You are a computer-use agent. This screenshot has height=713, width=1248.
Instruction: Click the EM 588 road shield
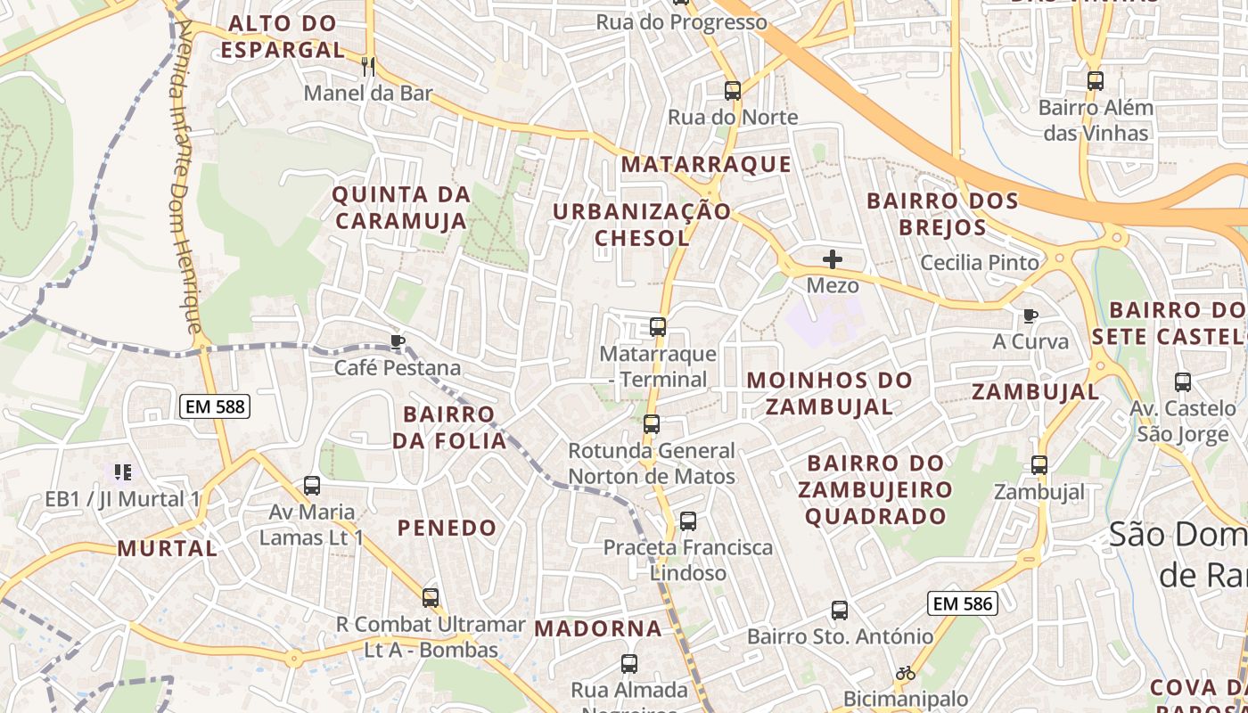click(x=215, y=407)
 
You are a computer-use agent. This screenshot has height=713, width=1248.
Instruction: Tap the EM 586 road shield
click(x=962, y=603)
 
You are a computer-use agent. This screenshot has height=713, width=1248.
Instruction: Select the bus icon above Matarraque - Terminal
click(x=658, y=327)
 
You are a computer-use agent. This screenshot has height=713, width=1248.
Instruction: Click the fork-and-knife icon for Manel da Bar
click(x=367, y=66)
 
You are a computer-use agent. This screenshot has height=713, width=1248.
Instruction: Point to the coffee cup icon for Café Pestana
click(x=398, y=341)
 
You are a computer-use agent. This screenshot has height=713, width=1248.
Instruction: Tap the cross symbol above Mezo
click(x=833, y=259)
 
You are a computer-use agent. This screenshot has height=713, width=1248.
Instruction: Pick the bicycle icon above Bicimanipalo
click(x=906, y=673)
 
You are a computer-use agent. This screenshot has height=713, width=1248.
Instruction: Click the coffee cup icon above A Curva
click(x=1030, y=316)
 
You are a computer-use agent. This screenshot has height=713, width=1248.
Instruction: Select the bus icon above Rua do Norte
click(x=733, y=90)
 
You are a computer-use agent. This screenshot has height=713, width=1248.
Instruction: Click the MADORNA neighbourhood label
click(x=598, y=628)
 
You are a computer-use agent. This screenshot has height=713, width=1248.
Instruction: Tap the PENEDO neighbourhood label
click(x=447, y=528)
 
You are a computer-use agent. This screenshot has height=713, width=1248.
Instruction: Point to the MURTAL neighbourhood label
click(x=167, y=548)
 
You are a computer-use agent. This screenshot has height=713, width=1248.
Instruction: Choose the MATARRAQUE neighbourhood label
click(x=706, y=165)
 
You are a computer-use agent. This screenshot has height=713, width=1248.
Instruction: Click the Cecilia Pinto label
click(x=980, y=263)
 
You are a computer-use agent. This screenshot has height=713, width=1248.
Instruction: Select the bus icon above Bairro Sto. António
click(x=840, y=611)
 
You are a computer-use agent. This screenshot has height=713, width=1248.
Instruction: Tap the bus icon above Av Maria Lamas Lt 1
click(x=312, y=486)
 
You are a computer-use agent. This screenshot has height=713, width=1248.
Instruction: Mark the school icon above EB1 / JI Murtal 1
click(x=122, y=472)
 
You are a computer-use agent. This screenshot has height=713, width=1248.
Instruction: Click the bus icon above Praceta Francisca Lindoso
click(x=688, y=521)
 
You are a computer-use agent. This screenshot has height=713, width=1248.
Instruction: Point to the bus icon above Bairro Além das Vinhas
click(x=1096, y=81)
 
